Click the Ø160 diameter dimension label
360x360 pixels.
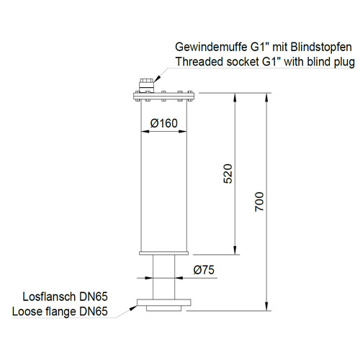164,123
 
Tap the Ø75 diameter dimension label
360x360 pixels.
204,270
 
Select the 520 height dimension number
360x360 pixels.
228,174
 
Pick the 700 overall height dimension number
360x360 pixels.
259,202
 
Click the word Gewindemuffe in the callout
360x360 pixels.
212,47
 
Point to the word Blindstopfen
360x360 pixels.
321,48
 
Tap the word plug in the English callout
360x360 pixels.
344,63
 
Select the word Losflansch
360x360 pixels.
49,297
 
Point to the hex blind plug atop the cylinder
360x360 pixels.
146,84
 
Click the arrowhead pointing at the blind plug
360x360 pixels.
157,78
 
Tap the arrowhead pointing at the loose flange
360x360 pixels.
133,308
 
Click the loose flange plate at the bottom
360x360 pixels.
164,302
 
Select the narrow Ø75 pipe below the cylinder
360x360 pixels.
164,277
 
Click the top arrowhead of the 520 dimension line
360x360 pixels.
235,97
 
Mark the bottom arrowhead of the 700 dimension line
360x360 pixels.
266,306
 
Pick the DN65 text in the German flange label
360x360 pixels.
94,297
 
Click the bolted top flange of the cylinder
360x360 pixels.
164,96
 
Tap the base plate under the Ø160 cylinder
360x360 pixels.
164,253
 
